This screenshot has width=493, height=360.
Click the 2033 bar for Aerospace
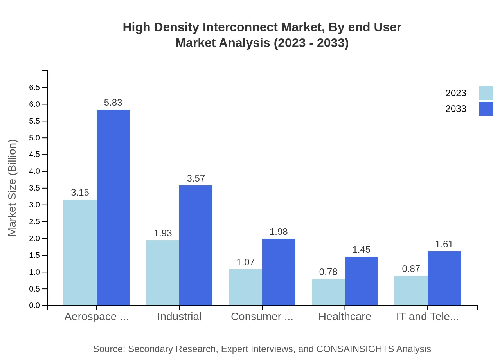pyautogui.click(x=113, y=207)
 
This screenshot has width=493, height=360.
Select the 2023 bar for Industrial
pyautogui.click(x=163, y=273)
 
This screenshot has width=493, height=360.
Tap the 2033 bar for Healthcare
pyautogui.click(x=362, y=281)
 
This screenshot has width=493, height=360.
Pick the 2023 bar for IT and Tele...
pyautogui.click(x=411, y=290)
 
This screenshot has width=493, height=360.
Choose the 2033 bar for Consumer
pyautogui.click(x=279, y=272)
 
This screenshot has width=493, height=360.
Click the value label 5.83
pyautogui.click(x=113, y=103)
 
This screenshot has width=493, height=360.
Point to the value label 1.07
pyautogui.click(x=246, y=262)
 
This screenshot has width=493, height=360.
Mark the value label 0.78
pyautogui.click(x=328, y=272)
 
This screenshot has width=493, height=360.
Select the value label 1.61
pyautogui.click(x=444, y=244)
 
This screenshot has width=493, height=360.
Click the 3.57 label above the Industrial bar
pyautogui.click(x=196, y=178)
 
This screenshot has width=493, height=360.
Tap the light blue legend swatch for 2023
pyautogui.click(x=486, y=93)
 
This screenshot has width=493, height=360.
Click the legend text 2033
pyautogui.click(x=456, y=109)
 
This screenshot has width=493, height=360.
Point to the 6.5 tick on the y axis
pyautogui.click(x=34, y=88)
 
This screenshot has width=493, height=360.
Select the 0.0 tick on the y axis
pyautogui.click(x=34, y=306)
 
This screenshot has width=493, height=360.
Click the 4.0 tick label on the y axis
pyautogui.click(x=34, y=171)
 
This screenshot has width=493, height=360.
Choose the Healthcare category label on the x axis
pyautogui.click(x=345, y=317)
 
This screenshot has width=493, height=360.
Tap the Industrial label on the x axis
pyautogui.click(x=179, y=317)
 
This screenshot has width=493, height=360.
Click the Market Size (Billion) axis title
pyautogui.click(x=13, y=188)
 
